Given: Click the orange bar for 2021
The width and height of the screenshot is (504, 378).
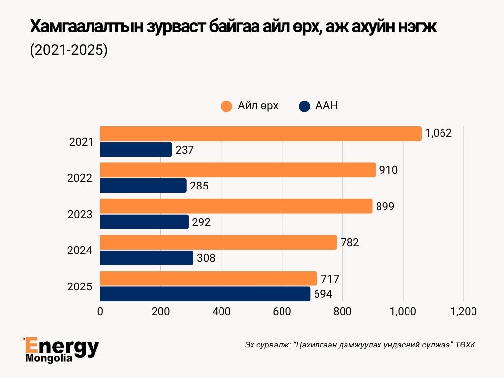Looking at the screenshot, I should pyautogui.click(x=261, y=134).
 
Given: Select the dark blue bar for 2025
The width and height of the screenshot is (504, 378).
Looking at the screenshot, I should pyautogui.click(x=205, y=294).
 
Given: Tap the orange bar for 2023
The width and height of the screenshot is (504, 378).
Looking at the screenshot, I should pyautogui.click(x=236, y=206).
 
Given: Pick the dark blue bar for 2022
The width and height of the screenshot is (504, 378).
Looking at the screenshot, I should pyautogui.click(x=143, y=186).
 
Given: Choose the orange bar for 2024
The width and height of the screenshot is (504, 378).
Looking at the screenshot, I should pyautogui.click(x=219, y=242).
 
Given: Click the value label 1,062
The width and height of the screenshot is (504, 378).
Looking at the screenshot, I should pyautogui.click(x=439, y=133).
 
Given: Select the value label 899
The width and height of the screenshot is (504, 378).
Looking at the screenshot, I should pyautogui.click(x=384, y=207).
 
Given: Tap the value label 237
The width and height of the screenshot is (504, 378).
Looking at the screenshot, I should pyautogui.click(x=185, y=150).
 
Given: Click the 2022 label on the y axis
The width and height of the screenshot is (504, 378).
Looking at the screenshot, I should pyautogui.click(x=80, y=178).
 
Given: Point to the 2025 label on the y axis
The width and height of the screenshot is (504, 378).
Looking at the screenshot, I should pyautogui.click(x=80, y=286).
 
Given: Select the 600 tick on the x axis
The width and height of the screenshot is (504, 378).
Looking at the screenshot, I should pyautogui.click(x=282, y=311).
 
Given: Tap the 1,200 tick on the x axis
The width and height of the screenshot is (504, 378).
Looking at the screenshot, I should pyautogui.click(x=463, y=311).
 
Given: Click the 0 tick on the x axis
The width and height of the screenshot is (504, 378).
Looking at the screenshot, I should pyautogui.click(x=100, y=311).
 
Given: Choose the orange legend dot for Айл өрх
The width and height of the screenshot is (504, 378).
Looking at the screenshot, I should pyautogui.click(x=226, y=106).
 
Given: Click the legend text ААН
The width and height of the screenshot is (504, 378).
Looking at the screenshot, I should pyautogui.click(x=326, y=106).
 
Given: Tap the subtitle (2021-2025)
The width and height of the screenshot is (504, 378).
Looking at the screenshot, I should pyautogui.click(x=68, y=50).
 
